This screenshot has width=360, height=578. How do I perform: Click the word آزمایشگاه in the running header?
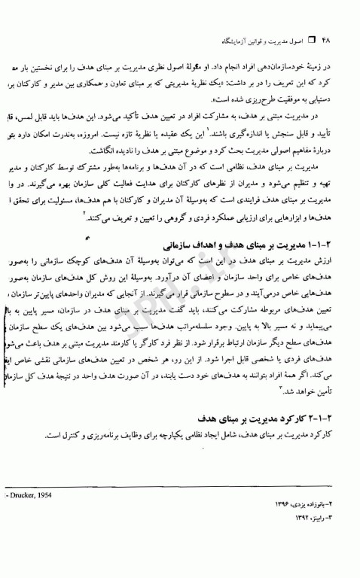(243, 38)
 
